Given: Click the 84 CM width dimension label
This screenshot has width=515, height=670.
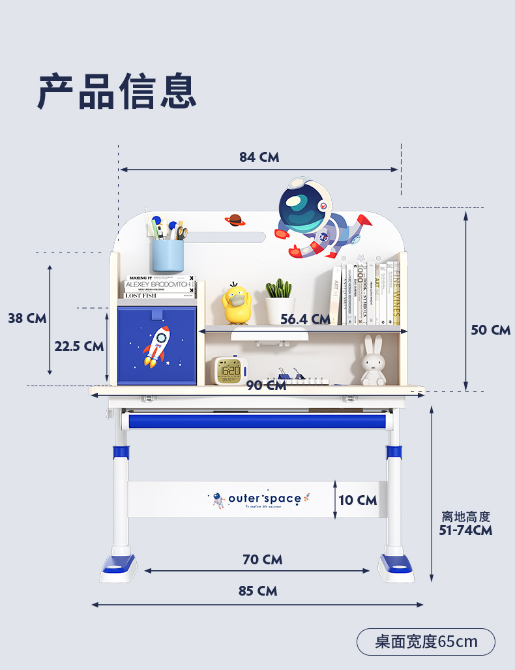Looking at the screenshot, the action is (x=259, y=157).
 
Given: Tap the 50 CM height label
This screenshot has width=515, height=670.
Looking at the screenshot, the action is (x=490, y=329).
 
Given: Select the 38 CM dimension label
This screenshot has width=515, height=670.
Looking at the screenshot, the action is (x=27, y=318).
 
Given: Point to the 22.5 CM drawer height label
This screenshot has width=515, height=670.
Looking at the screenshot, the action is (x=79, y=346).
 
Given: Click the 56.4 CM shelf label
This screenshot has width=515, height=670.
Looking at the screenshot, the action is (x=305, y=319).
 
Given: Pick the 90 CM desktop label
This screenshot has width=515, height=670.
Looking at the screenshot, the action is (x=266, y=386).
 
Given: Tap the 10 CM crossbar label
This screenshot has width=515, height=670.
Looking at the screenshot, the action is (x=358, y=500).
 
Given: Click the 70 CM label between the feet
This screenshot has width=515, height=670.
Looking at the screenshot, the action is (x=262, y=560).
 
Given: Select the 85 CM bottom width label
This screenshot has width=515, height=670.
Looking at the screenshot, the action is (x=257, y=591).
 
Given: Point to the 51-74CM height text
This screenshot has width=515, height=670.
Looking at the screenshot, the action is (x=465, y=530).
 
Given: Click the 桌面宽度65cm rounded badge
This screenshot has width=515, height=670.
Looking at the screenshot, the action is (x=426, y=642).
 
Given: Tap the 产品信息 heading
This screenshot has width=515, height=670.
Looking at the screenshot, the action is (x=117, y=91).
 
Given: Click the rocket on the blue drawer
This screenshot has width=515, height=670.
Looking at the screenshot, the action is (x=156, y=347).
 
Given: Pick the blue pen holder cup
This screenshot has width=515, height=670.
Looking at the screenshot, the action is (x=168, y=255).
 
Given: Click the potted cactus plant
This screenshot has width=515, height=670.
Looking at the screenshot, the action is (x=280, y=301).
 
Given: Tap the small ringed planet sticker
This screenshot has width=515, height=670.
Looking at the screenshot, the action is (x=235, y=221).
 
